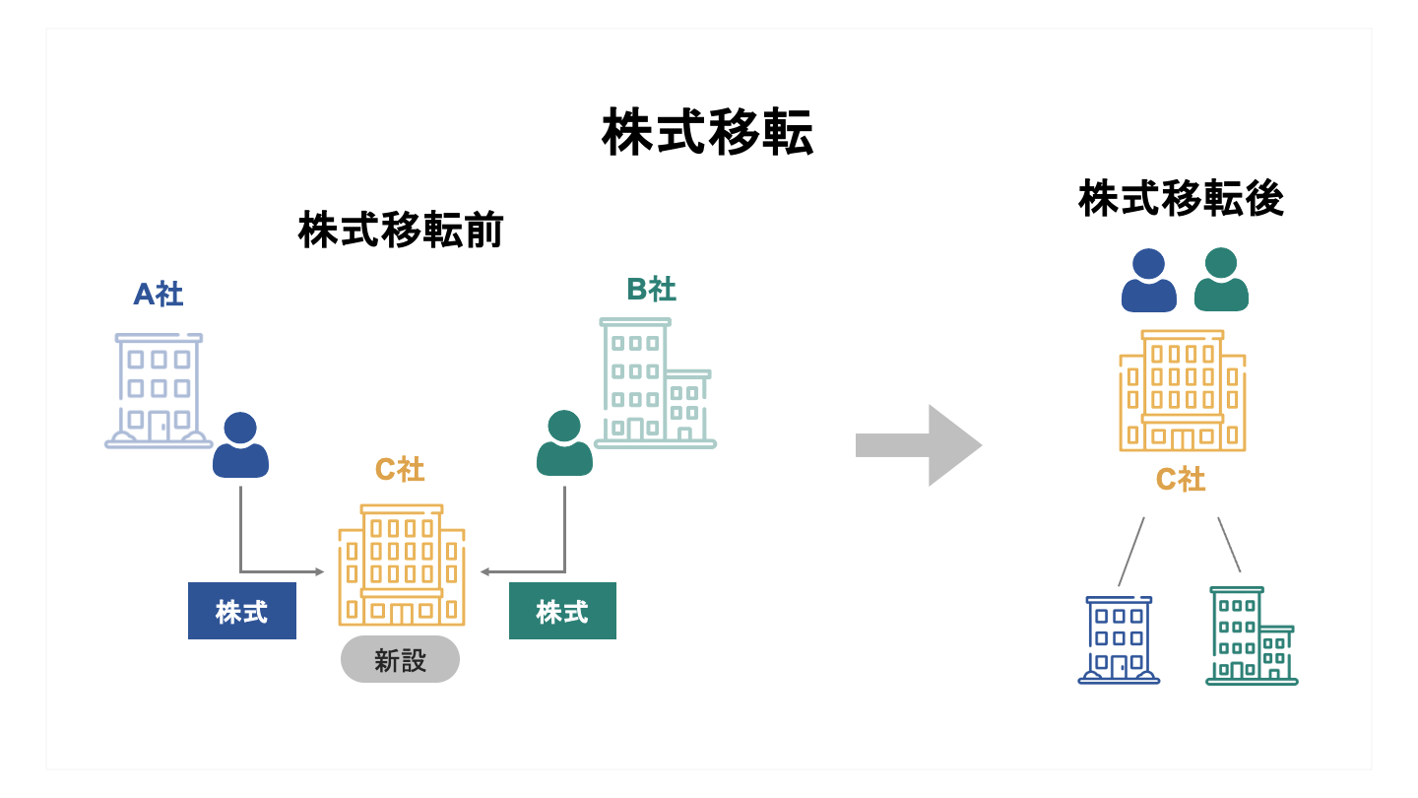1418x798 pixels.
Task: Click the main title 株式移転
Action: click(707, 134)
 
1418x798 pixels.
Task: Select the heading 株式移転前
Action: click(401, 231)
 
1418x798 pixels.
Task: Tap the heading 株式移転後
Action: click(1181, 199)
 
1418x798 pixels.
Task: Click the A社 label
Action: click(159, 294)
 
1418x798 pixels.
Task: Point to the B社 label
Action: click(651, 290)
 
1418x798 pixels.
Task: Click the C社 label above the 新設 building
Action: click(400, 470)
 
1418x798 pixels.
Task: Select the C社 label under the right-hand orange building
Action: click(1180, 480)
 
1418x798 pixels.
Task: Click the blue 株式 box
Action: click(242, 611)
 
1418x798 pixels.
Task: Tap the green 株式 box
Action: click(562, 611)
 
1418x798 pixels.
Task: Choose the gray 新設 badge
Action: click(400, 659)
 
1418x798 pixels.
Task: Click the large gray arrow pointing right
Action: click(918, 445)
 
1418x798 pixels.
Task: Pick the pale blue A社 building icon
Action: click(158, 390)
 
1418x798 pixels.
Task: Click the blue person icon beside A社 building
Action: click(240, 445)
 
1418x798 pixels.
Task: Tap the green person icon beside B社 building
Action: click(564, 443)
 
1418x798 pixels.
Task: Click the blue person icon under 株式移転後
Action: click(1148, 280)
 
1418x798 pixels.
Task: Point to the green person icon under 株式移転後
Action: click(1221, 280)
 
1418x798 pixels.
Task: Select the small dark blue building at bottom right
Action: click(1119, 639)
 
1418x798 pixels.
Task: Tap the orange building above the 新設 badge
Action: click(401, 565)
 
